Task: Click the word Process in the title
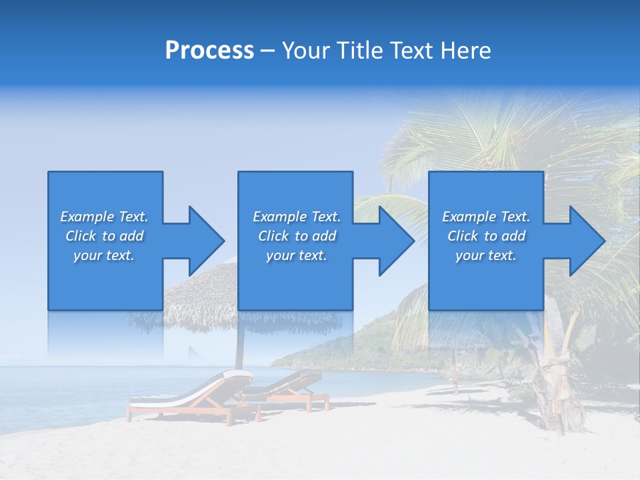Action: pyautogui.click(x=209, y=51)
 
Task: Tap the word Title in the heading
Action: pyautogui.click(x=361, y=51)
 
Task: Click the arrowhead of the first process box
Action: pyautogui.click(x=207, y=241)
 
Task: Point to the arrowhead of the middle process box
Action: pyautogui.click(x=397, y=241)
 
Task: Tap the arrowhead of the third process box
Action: pyautogui.click(x=587, y=241)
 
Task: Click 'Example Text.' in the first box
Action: pyautogui.click(x=104, y=217)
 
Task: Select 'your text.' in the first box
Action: pyautogui.click(x=104, y=255)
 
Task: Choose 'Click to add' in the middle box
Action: pyautogui.click(x=297, y=236)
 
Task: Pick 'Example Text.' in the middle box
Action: pyautogui.click(x=297, y=217)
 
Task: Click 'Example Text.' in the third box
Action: pyautogui.click(x=486, y=217)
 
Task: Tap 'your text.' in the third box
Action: pyautogui.click(x=486, y=255)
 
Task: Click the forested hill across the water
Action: pyautogui.click(x=347, y=347)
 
